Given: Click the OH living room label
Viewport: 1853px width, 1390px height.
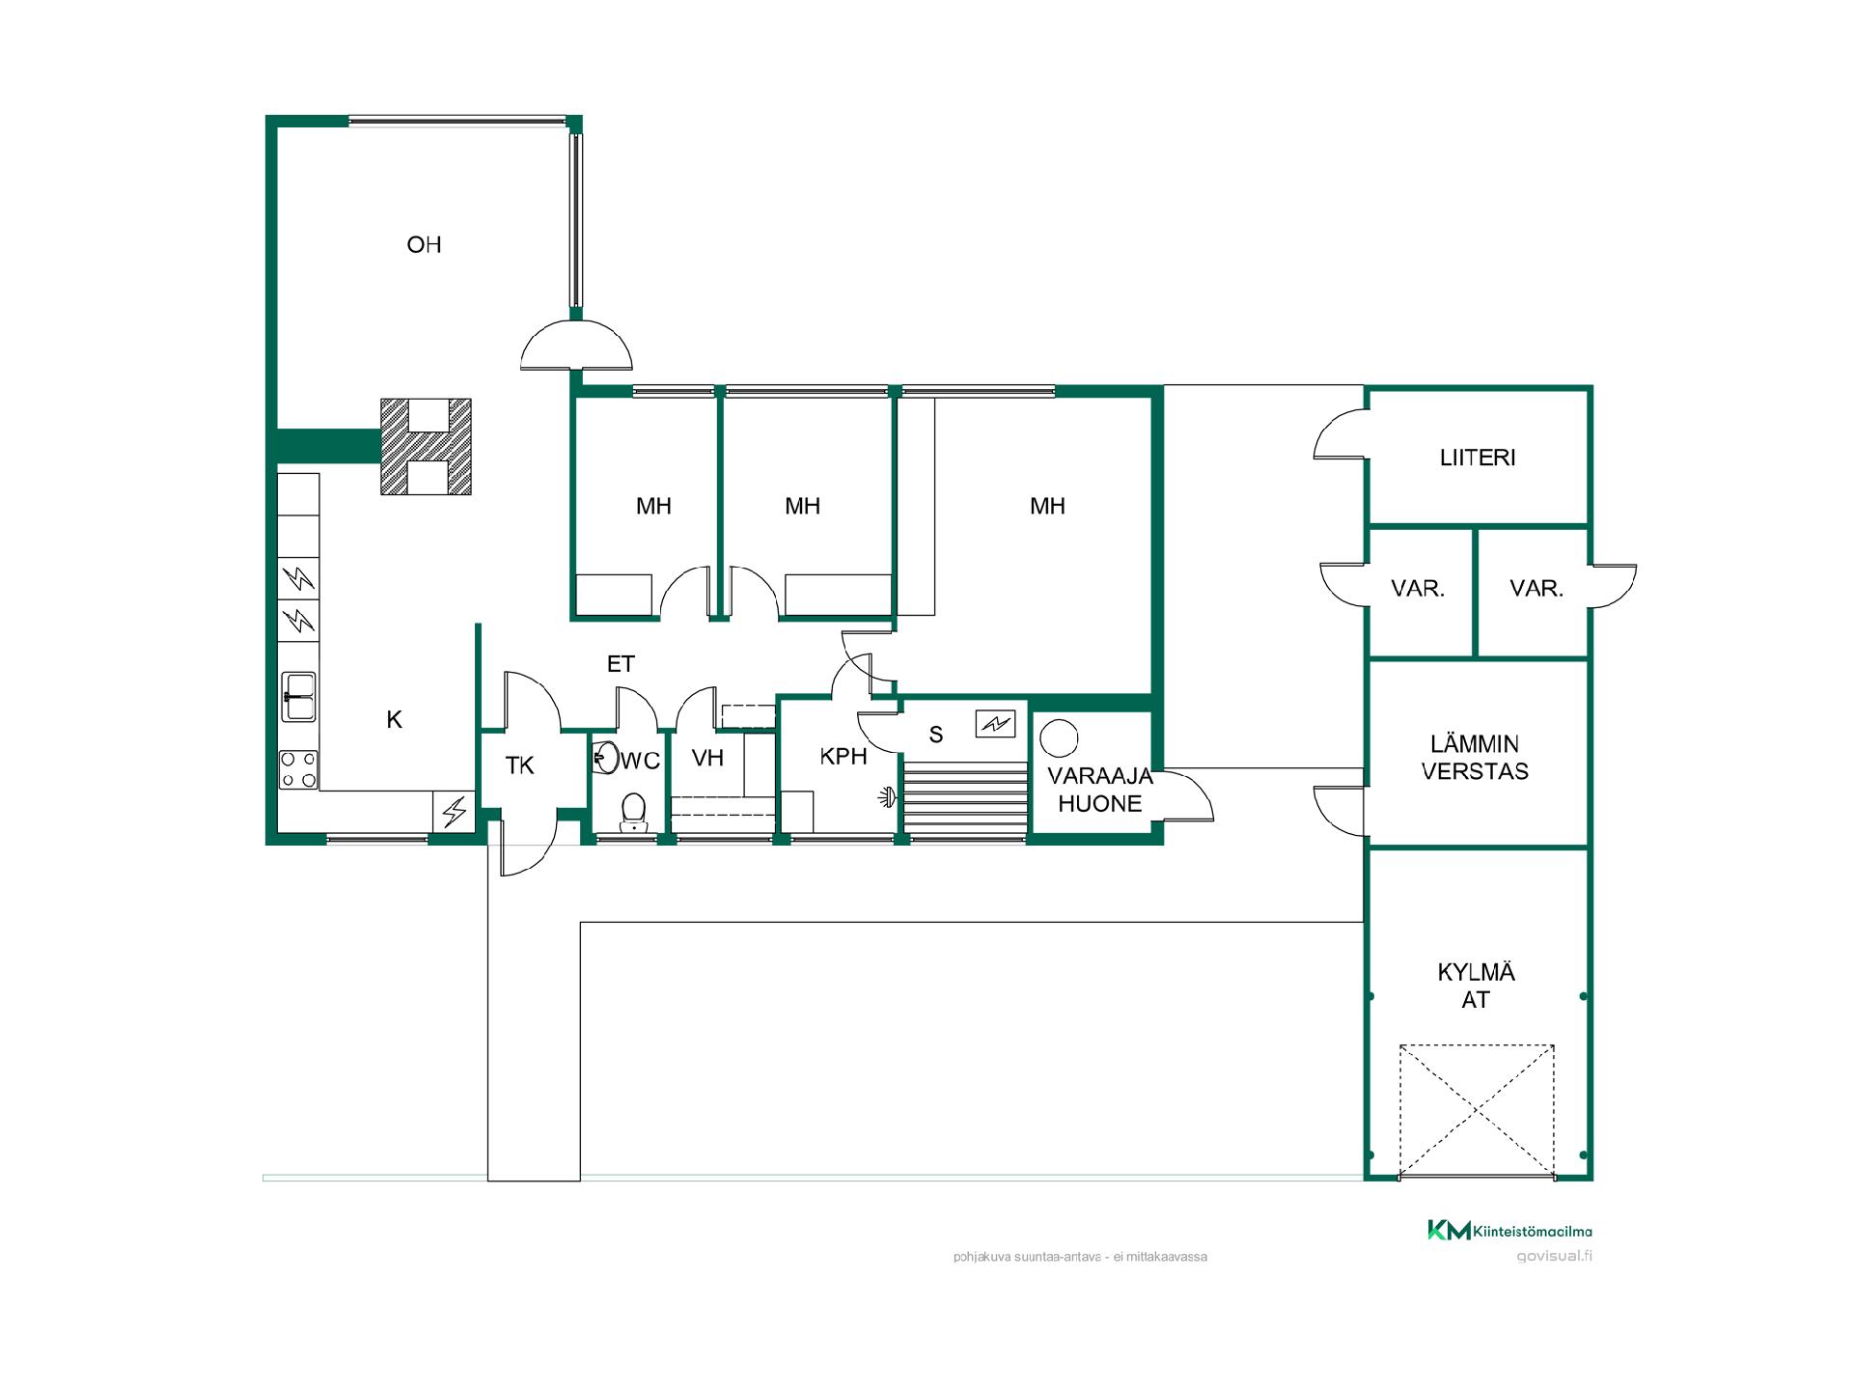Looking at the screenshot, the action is [x=424, y=245].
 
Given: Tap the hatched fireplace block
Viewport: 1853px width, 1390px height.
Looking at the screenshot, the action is [x=426, y=446].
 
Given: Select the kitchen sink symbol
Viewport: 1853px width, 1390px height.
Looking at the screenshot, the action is [x=298, y=697].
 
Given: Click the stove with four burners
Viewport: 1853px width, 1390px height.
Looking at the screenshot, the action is [x=298, y=770].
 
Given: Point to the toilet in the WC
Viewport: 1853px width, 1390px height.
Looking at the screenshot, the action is [x=633, y=812].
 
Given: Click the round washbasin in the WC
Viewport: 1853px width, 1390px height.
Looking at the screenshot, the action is [x=605, y=757].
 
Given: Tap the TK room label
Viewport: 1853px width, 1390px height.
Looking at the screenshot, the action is [x=520, y=765].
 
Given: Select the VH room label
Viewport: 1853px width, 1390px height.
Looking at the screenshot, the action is [x=707, y=758].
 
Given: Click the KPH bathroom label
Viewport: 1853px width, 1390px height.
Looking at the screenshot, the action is [x=844, y=757].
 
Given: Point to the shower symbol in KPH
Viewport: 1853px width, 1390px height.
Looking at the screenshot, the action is [x=886, y=797].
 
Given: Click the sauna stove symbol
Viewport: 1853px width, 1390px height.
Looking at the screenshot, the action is [x=995, y=723].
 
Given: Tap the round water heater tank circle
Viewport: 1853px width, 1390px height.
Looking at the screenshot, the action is [x=1058, y=738].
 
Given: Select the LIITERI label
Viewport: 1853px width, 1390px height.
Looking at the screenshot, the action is [x=1478, y=458].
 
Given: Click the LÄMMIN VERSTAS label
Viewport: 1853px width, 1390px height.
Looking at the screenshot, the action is [x=1475, y=758].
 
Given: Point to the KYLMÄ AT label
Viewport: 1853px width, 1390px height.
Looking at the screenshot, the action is [x=1476, y=986].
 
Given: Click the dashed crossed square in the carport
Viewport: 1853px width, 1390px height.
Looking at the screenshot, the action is [x=1478, y=1111].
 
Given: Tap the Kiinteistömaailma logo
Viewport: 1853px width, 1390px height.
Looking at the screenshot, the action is [x=1509, y=1230].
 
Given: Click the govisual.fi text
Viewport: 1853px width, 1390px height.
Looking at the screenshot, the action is [x=1554, y=1256].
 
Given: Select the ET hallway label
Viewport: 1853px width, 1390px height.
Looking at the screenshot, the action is [x=621, y=664].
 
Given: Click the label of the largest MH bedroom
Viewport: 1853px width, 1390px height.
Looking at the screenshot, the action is [x=1047, y=506].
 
